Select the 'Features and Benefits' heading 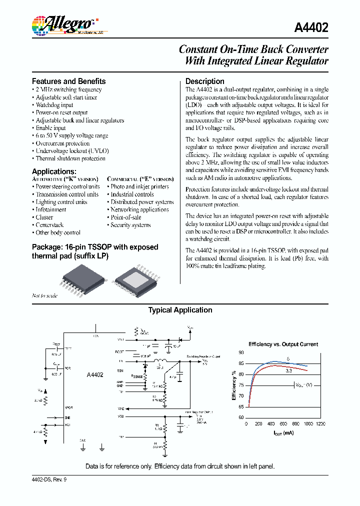coord(68,81)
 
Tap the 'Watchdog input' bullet coord(54,105)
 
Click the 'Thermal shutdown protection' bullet coord(70,158)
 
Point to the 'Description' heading coord(204,81)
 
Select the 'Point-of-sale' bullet coord(125,217)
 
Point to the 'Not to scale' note coord(44,295)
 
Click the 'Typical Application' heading coord(180,310)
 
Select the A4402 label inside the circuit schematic coord(95,374)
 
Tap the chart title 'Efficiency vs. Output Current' coord(283,344)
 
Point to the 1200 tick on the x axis coord(320,423)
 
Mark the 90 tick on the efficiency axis coord(241,352)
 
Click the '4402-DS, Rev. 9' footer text coord(52,479)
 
